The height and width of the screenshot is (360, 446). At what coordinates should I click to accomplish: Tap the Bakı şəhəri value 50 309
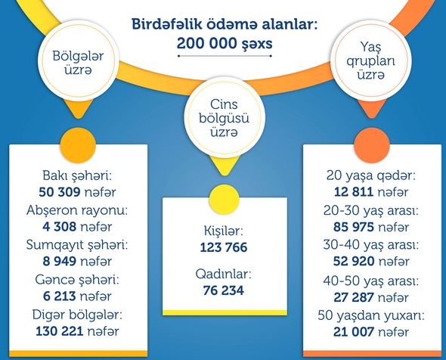[x=59, y=192]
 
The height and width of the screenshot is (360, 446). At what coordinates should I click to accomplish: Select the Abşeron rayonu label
[x=77, y=210]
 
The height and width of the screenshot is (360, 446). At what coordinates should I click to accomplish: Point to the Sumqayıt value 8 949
[x=59, y=261]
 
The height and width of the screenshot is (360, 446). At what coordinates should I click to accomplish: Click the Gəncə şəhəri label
[x=77, y=280]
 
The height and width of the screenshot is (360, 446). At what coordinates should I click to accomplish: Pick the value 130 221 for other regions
[x=60, y=331]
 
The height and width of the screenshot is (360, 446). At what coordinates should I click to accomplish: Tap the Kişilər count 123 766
[x=224, y=247]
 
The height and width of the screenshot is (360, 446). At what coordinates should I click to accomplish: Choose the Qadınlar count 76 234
[x=224, y=290]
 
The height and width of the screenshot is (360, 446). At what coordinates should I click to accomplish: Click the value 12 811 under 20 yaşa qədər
[x=354, y=192]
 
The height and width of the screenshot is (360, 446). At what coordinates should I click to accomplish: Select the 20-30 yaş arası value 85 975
[x=354, y=227]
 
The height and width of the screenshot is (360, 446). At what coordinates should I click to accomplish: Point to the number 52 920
[x=354, y=261]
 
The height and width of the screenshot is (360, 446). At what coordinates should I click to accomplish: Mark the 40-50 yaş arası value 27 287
[x=354, y=297]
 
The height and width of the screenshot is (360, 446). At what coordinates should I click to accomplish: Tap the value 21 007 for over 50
[x=354, y=332]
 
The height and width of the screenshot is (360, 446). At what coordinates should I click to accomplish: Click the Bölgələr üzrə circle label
[x=78, y=63]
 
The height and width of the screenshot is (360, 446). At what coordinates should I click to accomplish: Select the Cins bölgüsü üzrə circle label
[x=225, y=118]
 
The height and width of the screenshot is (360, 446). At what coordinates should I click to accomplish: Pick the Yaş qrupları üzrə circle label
[x=370, y=61]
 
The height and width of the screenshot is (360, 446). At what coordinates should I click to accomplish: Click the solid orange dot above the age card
[x=372, y=145]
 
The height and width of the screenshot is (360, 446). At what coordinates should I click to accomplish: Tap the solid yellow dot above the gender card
[x=225, y=200]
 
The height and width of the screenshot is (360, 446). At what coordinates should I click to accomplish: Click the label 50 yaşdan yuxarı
[x=371, y=315]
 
